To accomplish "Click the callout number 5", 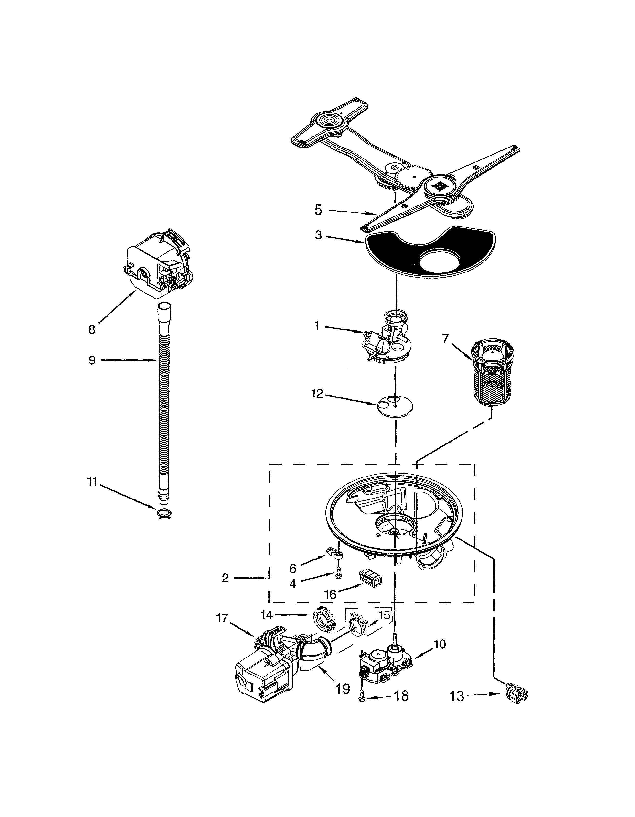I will (318, 210).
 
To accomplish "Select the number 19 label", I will (343, 688).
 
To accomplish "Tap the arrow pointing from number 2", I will (265, 578).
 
